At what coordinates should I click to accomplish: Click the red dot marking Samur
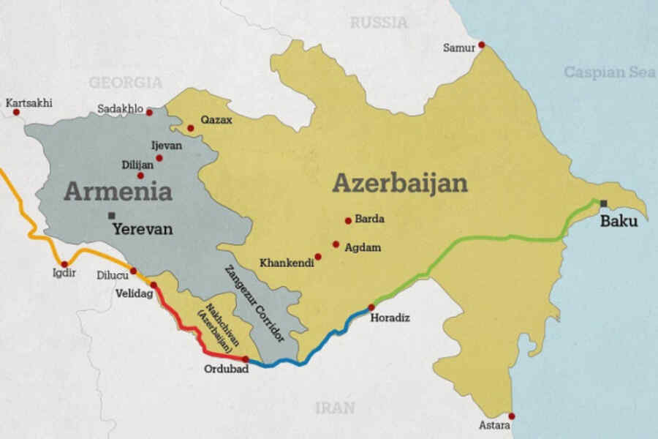click(481, 45)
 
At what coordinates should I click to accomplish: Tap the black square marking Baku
click(604, 203)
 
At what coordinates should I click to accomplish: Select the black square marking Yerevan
click(111, 215)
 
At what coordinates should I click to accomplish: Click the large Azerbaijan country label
click(399, 183)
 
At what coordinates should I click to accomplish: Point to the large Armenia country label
click(118, 192)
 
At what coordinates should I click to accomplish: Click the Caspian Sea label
click(610, 72)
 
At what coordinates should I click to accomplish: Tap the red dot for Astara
click(511, 416)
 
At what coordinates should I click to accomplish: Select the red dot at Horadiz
click(371, 307)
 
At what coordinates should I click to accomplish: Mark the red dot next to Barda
click(348, 220)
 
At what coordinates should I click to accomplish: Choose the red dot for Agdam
click(336, 244)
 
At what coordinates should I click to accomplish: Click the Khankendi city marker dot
click(318, 257)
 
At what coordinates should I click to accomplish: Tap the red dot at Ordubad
click(246, 359)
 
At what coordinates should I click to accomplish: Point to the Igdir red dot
click(64, 264)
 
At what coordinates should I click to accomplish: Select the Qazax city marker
click(191, 128)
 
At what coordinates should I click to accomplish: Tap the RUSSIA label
click(378, 23)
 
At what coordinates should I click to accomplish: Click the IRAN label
click(335, 408)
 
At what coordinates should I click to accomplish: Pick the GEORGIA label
click(125, 82)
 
